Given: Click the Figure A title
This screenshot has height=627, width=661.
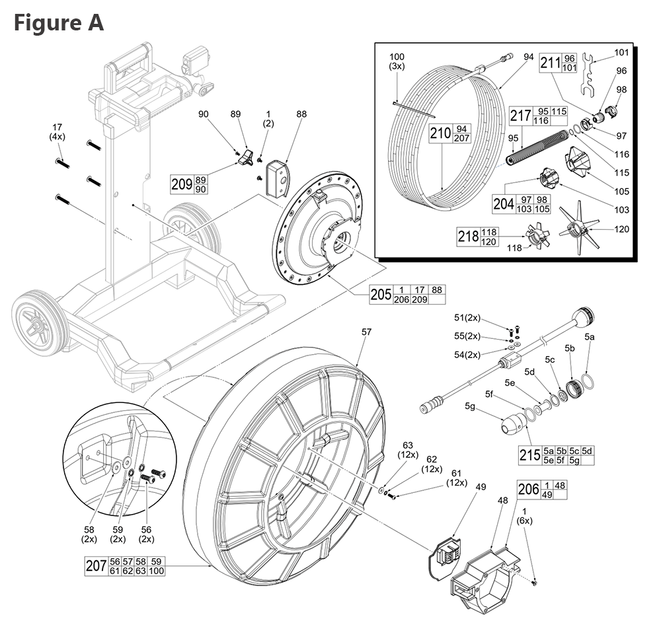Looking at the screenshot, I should coord(59,23).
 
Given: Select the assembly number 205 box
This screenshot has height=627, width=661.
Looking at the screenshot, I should coord(381,294).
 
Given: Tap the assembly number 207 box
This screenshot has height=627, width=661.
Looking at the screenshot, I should coord(96,566).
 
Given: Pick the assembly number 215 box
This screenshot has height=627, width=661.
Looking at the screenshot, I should coord(531,455).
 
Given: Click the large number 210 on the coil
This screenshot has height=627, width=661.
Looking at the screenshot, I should coord(440,133).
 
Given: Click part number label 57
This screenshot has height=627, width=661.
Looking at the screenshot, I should coord(366,334).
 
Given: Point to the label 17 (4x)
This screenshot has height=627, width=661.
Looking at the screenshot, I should coord(58,131).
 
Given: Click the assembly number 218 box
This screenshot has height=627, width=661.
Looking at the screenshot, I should coord(468,237).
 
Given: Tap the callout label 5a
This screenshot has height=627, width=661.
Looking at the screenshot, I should coord(590,337).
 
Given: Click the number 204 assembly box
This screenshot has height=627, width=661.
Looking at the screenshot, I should coord(504,203).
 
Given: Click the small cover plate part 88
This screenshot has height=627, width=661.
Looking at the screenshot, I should coord(278,176).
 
